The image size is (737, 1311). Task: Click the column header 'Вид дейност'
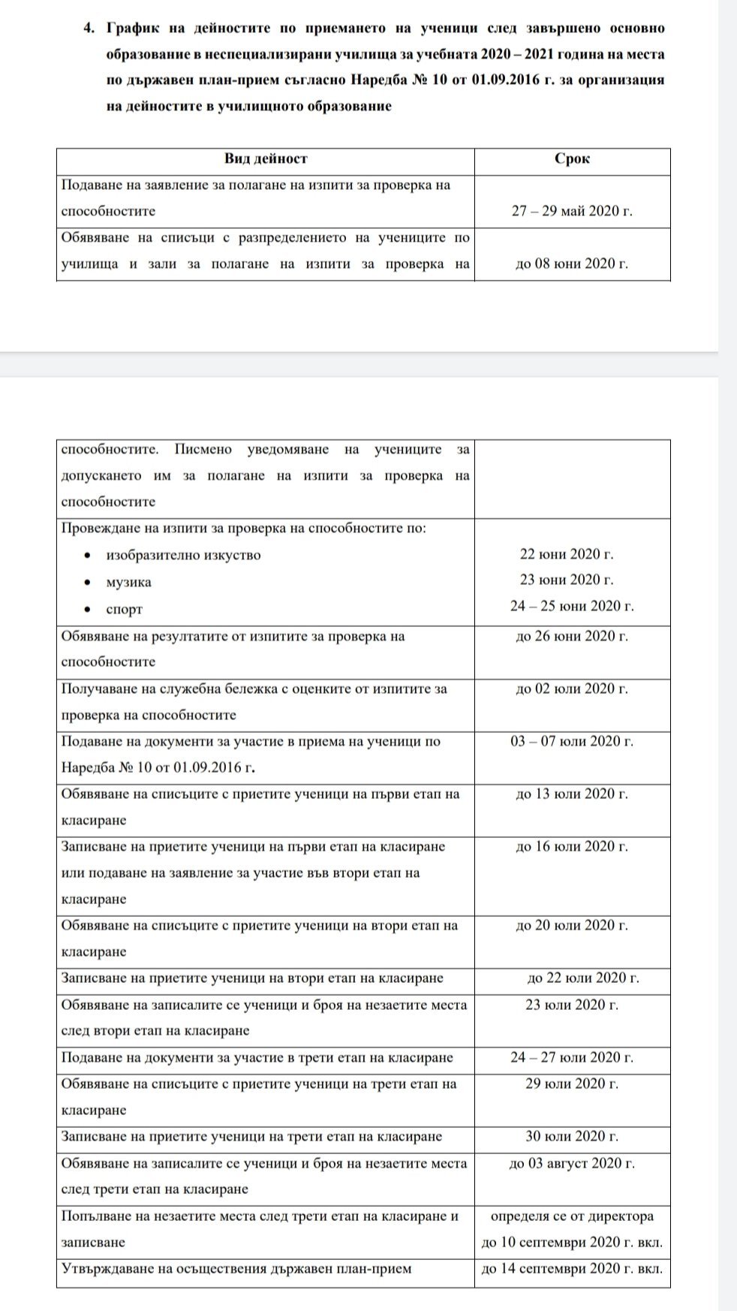(266, 159)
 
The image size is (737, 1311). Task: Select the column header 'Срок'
(572, 159)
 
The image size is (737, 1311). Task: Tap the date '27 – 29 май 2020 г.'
(572, 212)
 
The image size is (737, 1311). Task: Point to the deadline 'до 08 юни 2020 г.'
(572, 264)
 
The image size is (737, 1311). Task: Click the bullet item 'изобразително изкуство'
(183, 556)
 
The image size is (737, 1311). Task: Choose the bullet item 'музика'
(128, 583)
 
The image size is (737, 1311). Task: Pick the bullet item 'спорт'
(124, 609)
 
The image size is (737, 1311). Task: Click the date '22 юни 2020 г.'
(567, 555)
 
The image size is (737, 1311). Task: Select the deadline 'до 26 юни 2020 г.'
(572, 637)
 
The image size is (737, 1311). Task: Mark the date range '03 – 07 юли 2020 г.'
(572, 742)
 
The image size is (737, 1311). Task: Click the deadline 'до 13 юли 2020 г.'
(572, 794)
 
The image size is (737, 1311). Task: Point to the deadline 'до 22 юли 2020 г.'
(583, 978)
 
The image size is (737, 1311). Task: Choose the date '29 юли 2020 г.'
(572, 1084)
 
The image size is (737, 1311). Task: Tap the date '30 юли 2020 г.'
(572, 1137)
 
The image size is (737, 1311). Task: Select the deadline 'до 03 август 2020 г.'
(572, 1164)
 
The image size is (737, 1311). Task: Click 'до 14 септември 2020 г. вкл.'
(572, 1270)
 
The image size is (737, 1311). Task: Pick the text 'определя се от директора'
(572, 1216)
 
